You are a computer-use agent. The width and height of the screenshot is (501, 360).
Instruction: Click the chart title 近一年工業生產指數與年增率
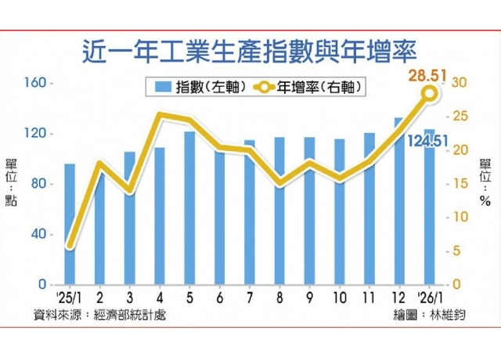249,54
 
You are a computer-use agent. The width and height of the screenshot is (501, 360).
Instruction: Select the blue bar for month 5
189,208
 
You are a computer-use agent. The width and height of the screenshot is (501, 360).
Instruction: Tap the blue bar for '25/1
70,224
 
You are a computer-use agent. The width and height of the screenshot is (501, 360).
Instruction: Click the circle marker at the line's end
430,94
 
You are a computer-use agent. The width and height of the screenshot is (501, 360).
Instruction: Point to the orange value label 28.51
427,76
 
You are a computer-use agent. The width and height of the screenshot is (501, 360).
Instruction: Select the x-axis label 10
340,297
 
